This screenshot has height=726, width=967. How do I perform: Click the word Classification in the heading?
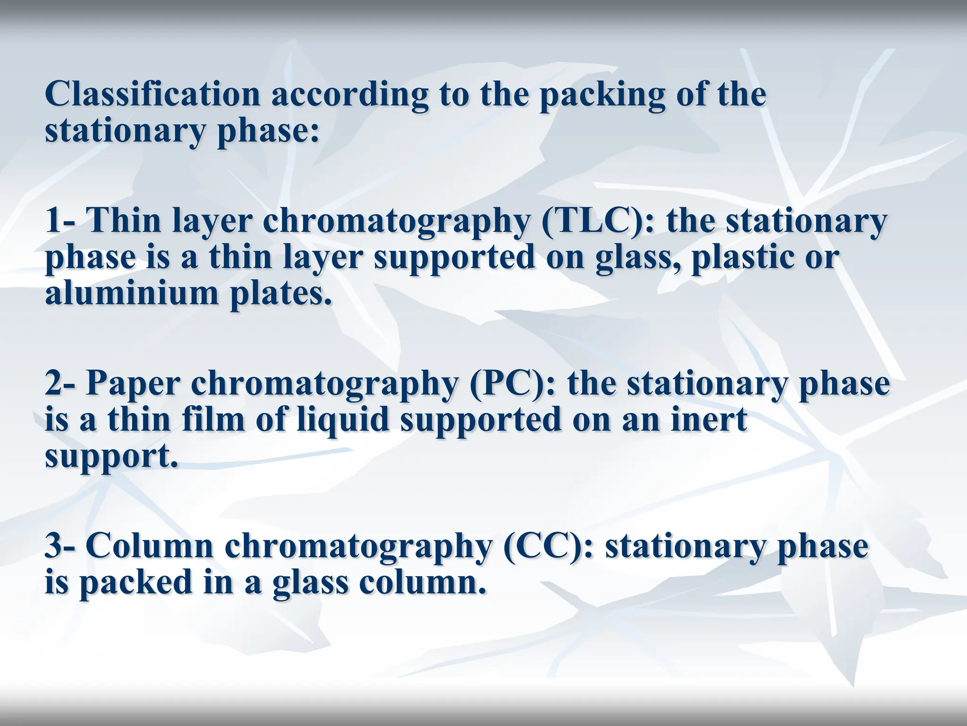pyautogui.click(x=153, y=94)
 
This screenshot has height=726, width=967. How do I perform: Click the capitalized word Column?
pyautogui.click(x=150, y=546)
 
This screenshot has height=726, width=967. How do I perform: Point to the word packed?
pyautogui.click(x=135, y=583)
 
